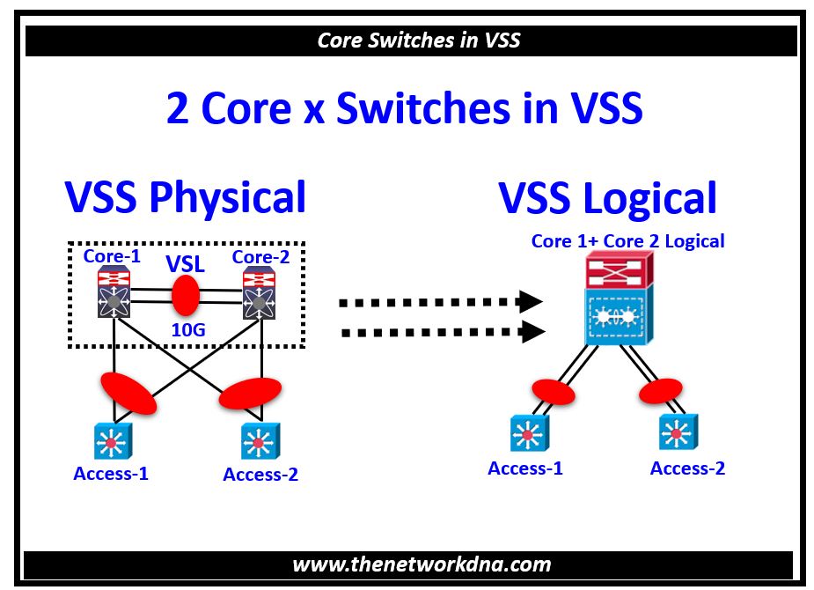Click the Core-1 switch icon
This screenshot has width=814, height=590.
point(114,292)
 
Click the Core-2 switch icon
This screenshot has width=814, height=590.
point(259,292)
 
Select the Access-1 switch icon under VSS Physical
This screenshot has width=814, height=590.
point(111,439)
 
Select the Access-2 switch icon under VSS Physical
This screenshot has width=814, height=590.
point(260,440)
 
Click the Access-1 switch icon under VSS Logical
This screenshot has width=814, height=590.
point(528,433)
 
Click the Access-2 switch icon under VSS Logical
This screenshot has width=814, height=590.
point(675,432)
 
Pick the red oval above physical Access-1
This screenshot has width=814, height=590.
point(129,394)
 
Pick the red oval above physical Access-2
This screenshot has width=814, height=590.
point(250,394)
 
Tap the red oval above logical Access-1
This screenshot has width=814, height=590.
point(553,391)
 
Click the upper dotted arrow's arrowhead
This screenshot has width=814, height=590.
point(529,301)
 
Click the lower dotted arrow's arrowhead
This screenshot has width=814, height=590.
point(531,332)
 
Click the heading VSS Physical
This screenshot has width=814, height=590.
point(186,197)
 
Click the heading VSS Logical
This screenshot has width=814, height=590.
point(608,198)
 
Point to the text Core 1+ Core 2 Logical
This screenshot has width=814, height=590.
point(627,240)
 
